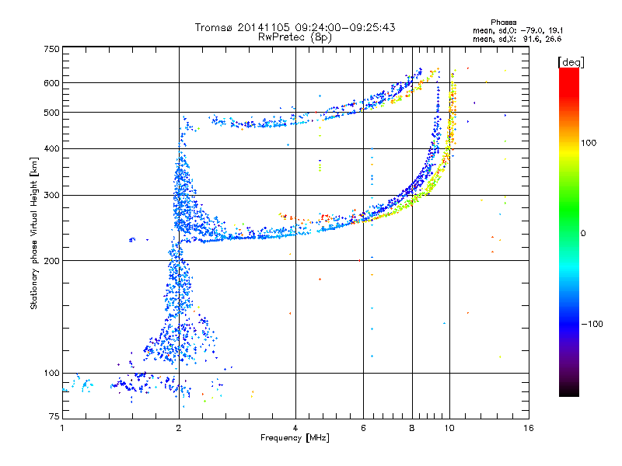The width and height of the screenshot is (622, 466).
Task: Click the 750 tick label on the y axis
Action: click(x=51, y=48)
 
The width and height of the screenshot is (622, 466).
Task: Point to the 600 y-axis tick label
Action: click(x=51, y=82)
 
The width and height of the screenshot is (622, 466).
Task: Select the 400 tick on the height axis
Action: click(x=51, y=148)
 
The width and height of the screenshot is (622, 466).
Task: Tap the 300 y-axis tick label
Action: click(x=51, y=195)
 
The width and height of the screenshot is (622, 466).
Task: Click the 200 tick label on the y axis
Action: click(x=51, y=260)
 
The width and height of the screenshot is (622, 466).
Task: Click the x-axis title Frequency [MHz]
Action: click(x=295, y=439)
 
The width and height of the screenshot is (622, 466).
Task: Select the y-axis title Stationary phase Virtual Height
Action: click(x=34, y=233)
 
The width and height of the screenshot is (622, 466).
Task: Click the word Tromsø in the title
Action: click(x=212, y=27)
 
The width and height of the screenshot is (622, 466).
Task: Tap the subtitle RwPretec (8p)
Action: click(x=295, y=37)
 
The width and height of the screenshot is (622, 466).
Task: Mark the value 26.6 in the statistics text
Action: click(x=553, y=38)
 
